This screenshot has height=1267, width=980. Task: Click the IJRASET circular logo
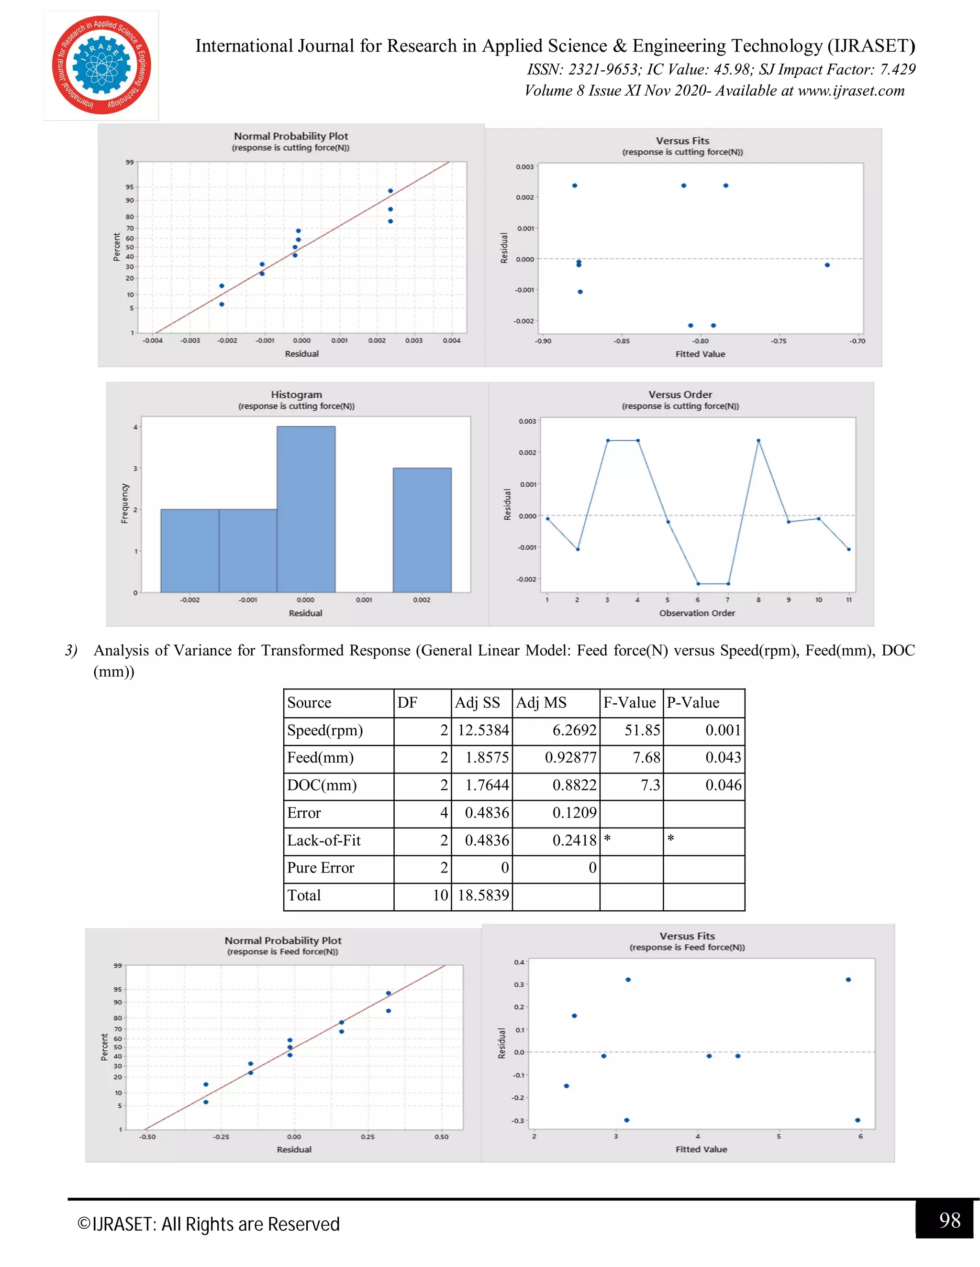click(x=101, y=65)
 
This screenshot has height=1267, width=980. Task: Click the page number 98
click(x=949, y=1220)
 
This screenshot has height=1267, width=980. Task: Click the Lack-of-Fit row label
click(x=324, y=840)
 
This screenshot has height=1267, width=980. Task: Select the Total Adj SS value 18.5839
click(x=483, y=895)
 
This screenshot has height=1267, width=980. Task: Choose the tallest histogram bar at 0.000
click(x=306, y=509)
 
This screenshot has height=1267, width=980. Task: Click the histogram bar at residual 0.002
click(x=422, y=530)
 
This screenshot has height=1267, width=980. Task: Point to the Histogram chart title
click(x=296, y=394)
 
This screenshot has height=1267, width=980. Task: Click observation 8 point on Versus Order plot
click(x=758, y=440)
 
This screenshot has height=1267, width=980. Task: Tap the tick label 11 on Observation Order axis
click(x=848, y=600)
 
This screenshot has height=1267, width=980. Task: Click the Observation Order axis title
click(x=697, y=613)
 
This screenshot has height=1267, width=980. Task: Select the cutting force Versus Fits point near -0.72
click(x=827, y=265)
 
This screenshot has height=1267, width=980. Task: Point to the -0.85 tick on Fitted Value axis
click(x=621, y=341)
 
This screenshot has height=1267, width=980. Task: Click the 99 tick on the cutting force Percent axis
click(x=130, y=163)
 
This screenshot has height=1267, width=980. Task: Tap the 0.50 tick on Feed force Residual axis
click(x=441, y=1137)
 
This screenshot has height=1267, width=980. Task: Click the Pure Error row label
click(x=321, y=868)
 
